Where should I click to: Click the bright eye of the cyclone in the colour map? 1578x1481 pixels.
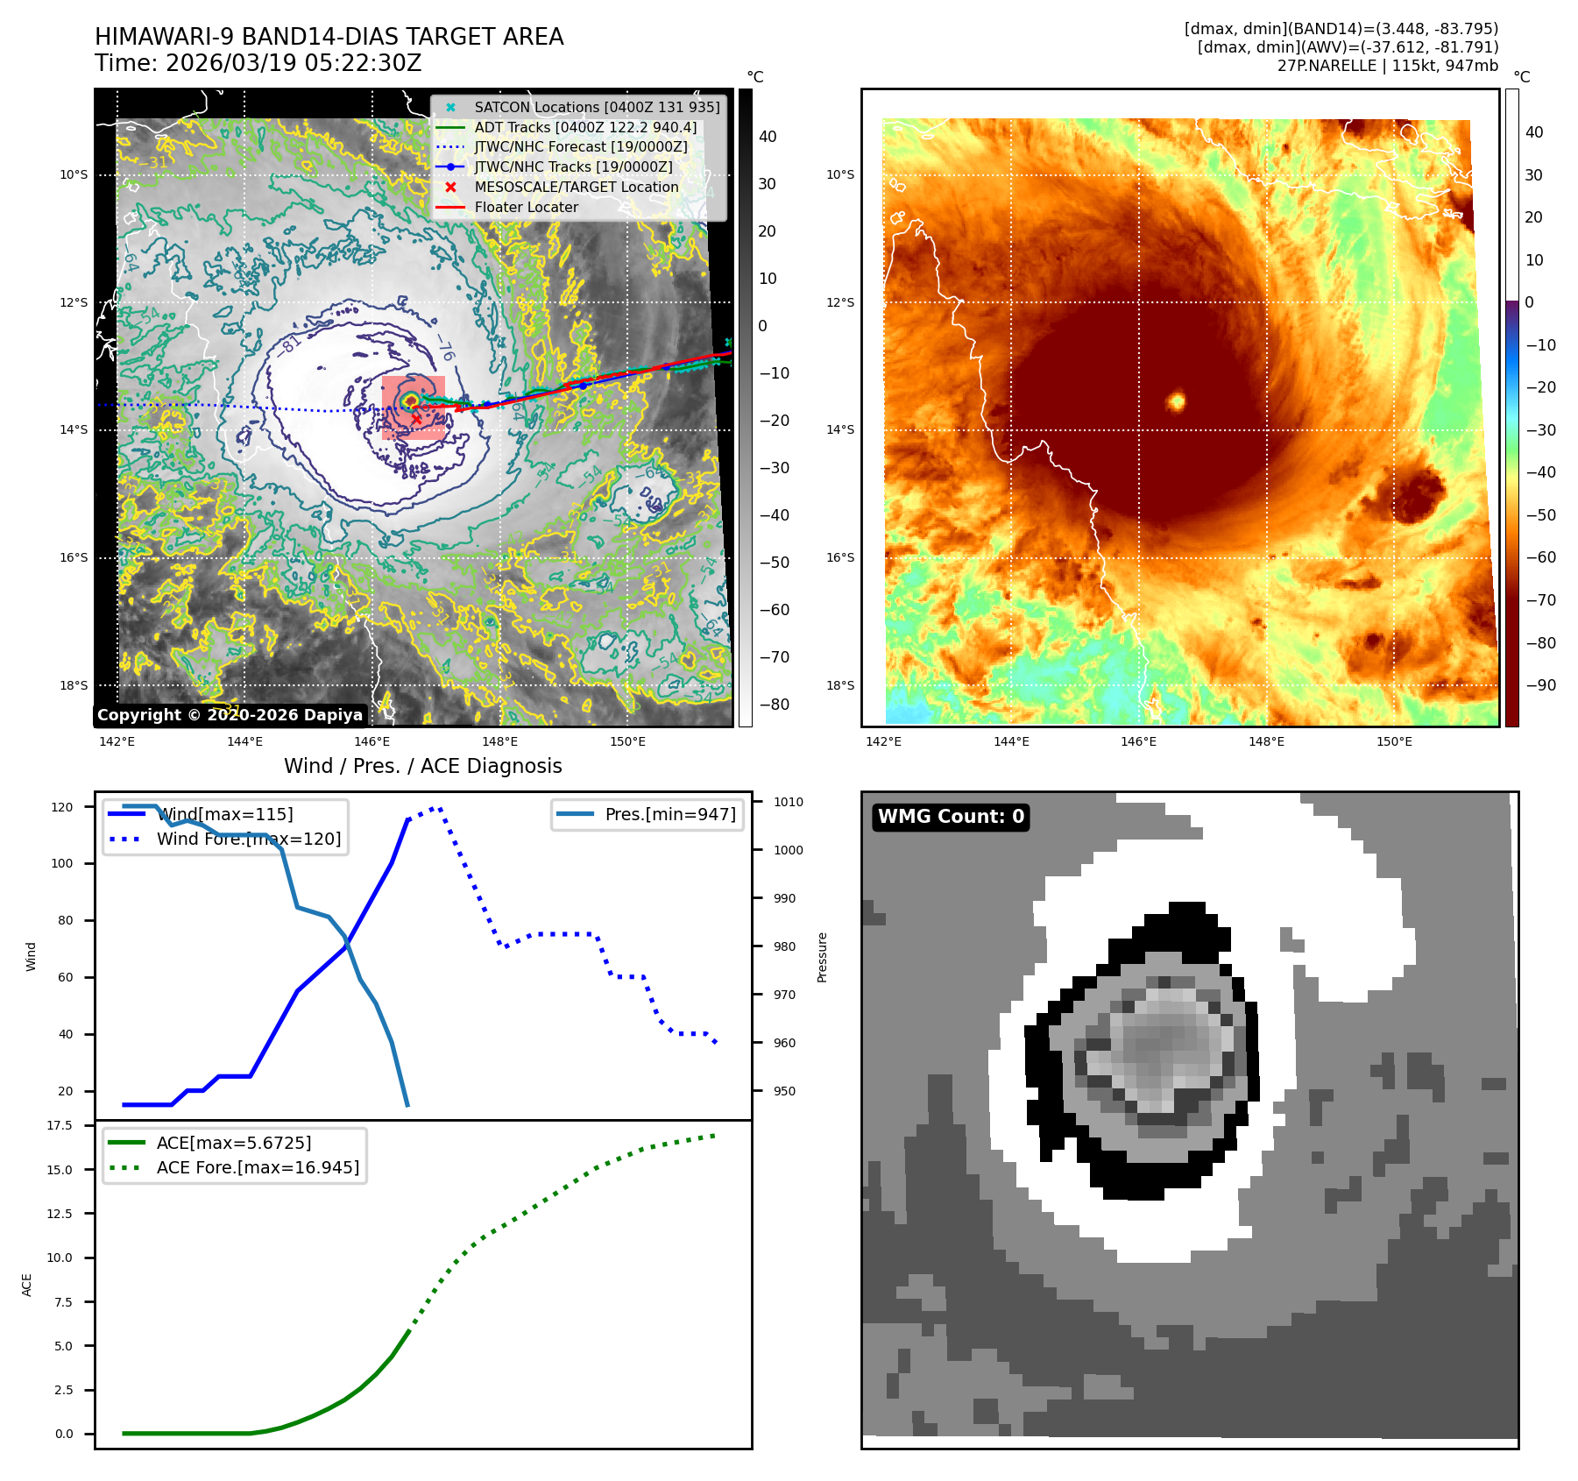(1176, 401)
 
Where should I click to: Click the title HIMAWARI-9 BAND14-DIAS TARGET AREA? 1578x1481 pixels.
(329, 37)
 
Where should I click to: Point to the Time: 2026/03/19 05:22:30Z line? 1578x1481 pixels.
(258, 63)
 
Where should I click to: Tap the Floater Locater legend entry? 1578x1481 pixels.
(526, 207)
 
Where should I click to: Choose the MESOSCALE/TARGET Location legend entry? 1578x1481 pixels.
(576, 187)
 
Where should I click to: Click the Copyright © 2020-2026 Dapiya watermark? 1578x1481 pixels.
(230, 715)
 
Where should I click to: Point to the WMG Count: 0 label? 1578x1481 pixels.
(951, 817)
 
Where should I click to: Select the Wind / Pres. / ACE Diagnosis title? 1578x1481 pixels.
(422, 766)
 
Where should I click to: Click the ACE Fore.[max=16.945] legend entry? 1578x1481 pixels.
(258, 1167)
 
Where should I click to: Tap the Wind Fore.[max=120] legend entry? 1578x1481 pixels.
(249, 839)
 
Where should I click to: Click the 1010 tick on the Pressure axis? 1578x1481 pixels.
(788, 802)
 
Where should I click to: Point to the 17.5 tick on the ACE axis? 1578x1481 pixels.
(60, 1125)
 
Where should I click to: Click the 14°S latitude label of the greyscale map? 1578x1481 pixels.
(74, 429)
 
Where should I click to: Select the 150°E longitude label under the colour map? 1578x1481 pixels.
(1393, 741)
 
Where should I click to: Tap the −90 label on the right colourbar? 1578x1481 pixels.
(1540, 685)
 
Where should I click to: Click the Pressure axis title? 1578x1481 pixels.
(822, 957)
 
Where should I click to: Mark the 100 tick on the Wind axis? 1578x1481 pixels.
(62, 863)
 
